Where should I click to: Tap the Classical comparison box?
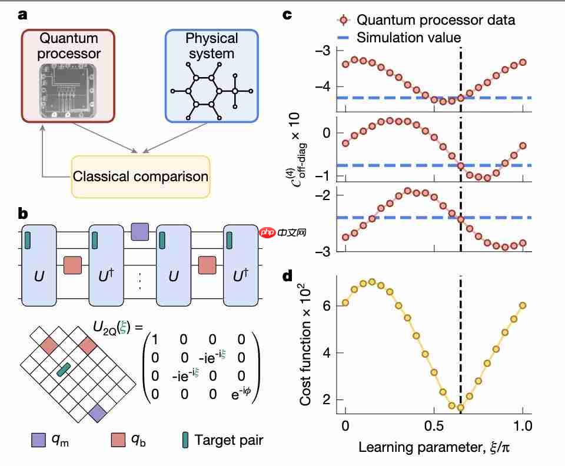point(140,176)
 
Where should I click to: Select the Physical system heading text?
point(211,46)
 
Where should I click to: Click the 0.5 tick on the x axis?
point(434,425)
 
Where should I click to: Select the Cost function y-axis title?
point(306,341)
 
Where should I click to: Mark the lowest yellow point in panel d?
point(461,408)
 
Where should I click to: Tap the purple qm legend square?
point(38,439)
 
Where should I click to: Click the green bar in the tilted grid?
point(64,369)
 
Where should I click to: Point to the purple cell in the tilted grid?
point(98,414)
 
